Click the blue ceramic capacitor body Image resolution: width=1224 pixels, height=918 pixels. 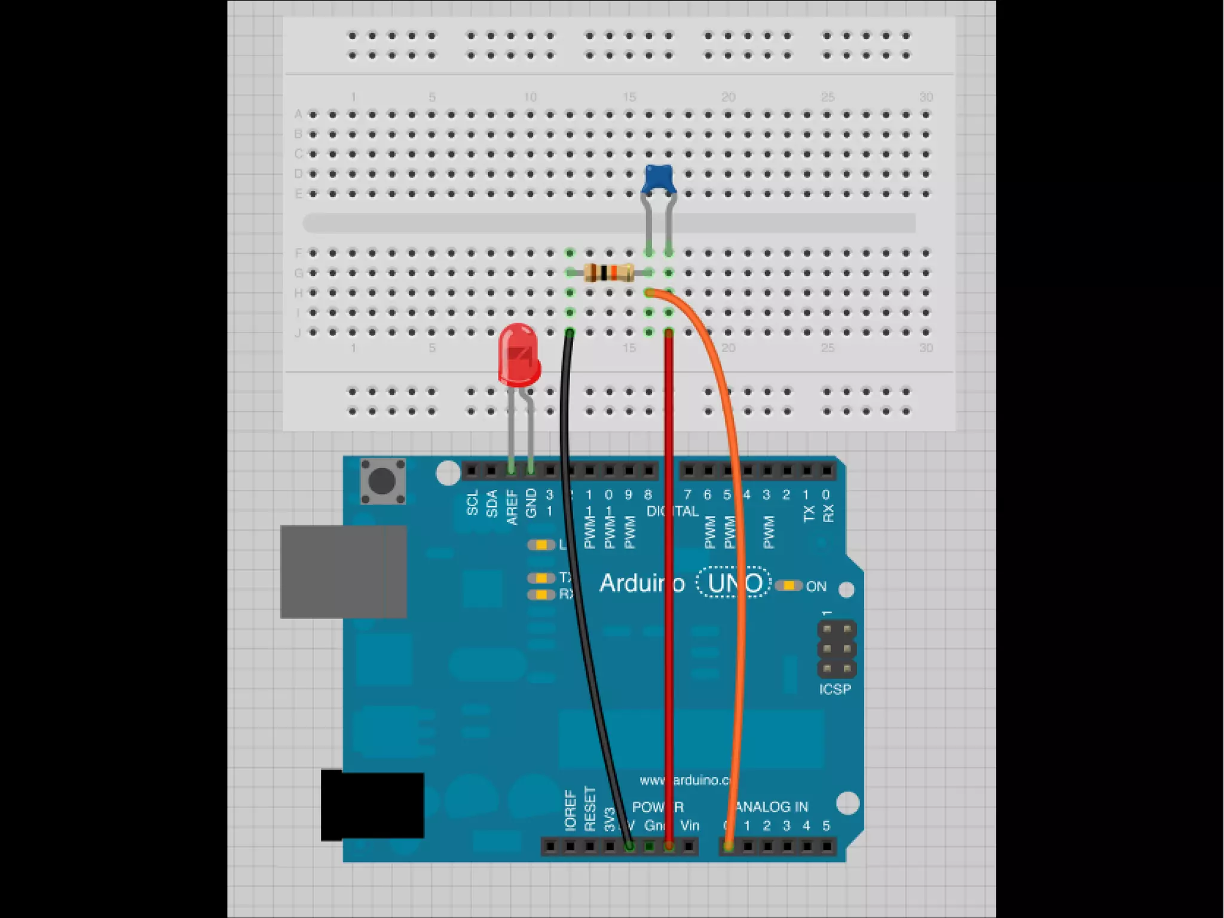658,179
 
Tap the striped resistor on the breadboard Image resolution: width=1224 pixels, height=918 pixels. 608,273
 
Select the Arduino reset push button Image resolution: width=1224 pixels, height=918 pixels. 382,481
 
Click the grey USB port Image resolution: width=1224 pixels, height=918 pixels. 343,572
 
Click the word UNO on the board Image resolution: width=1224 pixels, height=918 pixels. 734,583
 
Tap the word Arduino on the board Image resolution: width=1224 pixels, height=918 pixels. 641,583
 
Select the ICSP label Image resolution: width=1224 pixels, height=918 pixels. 835,690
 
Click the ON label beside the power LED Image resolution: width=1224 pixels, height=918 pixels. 816,587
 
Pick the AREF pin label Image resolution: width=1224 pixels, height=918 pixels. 512,507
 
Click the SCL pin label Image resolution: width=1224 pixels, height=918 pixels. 472,503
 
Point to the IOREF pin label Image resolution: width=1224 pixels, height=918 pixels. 570,810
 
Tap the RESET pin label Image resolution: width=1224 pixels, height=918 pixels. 590,809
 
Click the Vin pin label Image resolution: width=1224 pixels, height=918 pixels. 689,826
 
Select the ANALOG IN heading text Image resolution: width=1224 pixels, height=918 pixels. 772,807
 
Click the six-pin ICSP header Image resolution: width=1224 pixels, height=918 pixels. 836,649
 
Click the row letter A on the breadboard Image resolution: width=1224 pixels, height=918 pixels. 298,114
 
